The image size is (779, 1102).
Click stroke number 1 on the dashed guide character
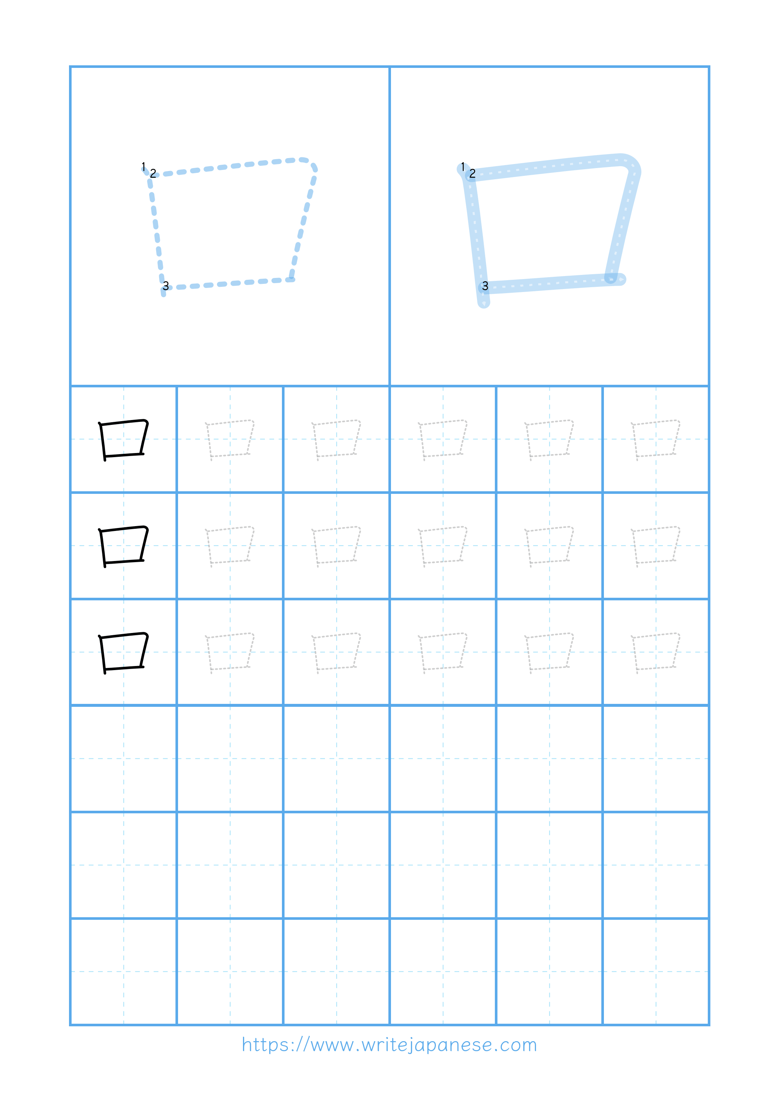click(143, 166)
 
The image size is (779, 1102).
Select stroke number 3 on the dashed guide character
click(165, 286)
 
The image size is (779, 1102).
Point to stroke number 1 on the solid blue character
click(463, 166)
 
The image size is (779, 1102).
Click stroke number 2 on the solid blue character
click(472, 173)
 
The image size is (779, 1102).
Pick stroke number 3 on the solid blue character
click(485, 286)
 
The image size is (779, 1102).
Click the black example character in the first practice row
click(124, 439)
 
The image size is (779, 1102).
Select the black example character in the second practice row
click(124, 546)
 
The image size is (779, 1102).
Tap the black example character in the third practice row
click(124, 652)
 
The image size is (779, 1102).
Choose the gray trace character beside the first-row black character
click(230, 439)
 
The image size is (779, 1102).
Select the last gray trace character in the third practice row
click(655, 652)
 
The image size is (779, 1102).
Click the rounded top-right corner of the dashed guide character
click(311, 162)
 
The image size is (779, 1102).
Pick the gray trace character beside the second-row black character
click(230, 546)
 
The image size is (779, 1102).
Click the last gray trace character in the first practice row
click(655, 439)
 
